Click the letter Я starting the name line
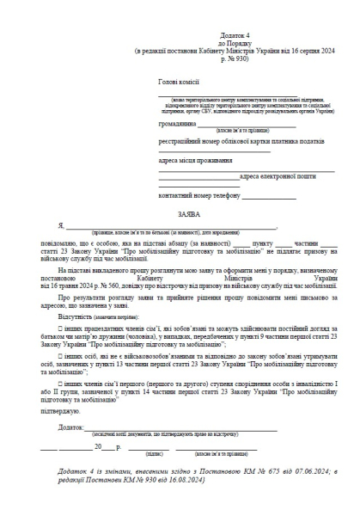click(62, 227)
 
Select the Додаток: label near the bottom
click(75, 427)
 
